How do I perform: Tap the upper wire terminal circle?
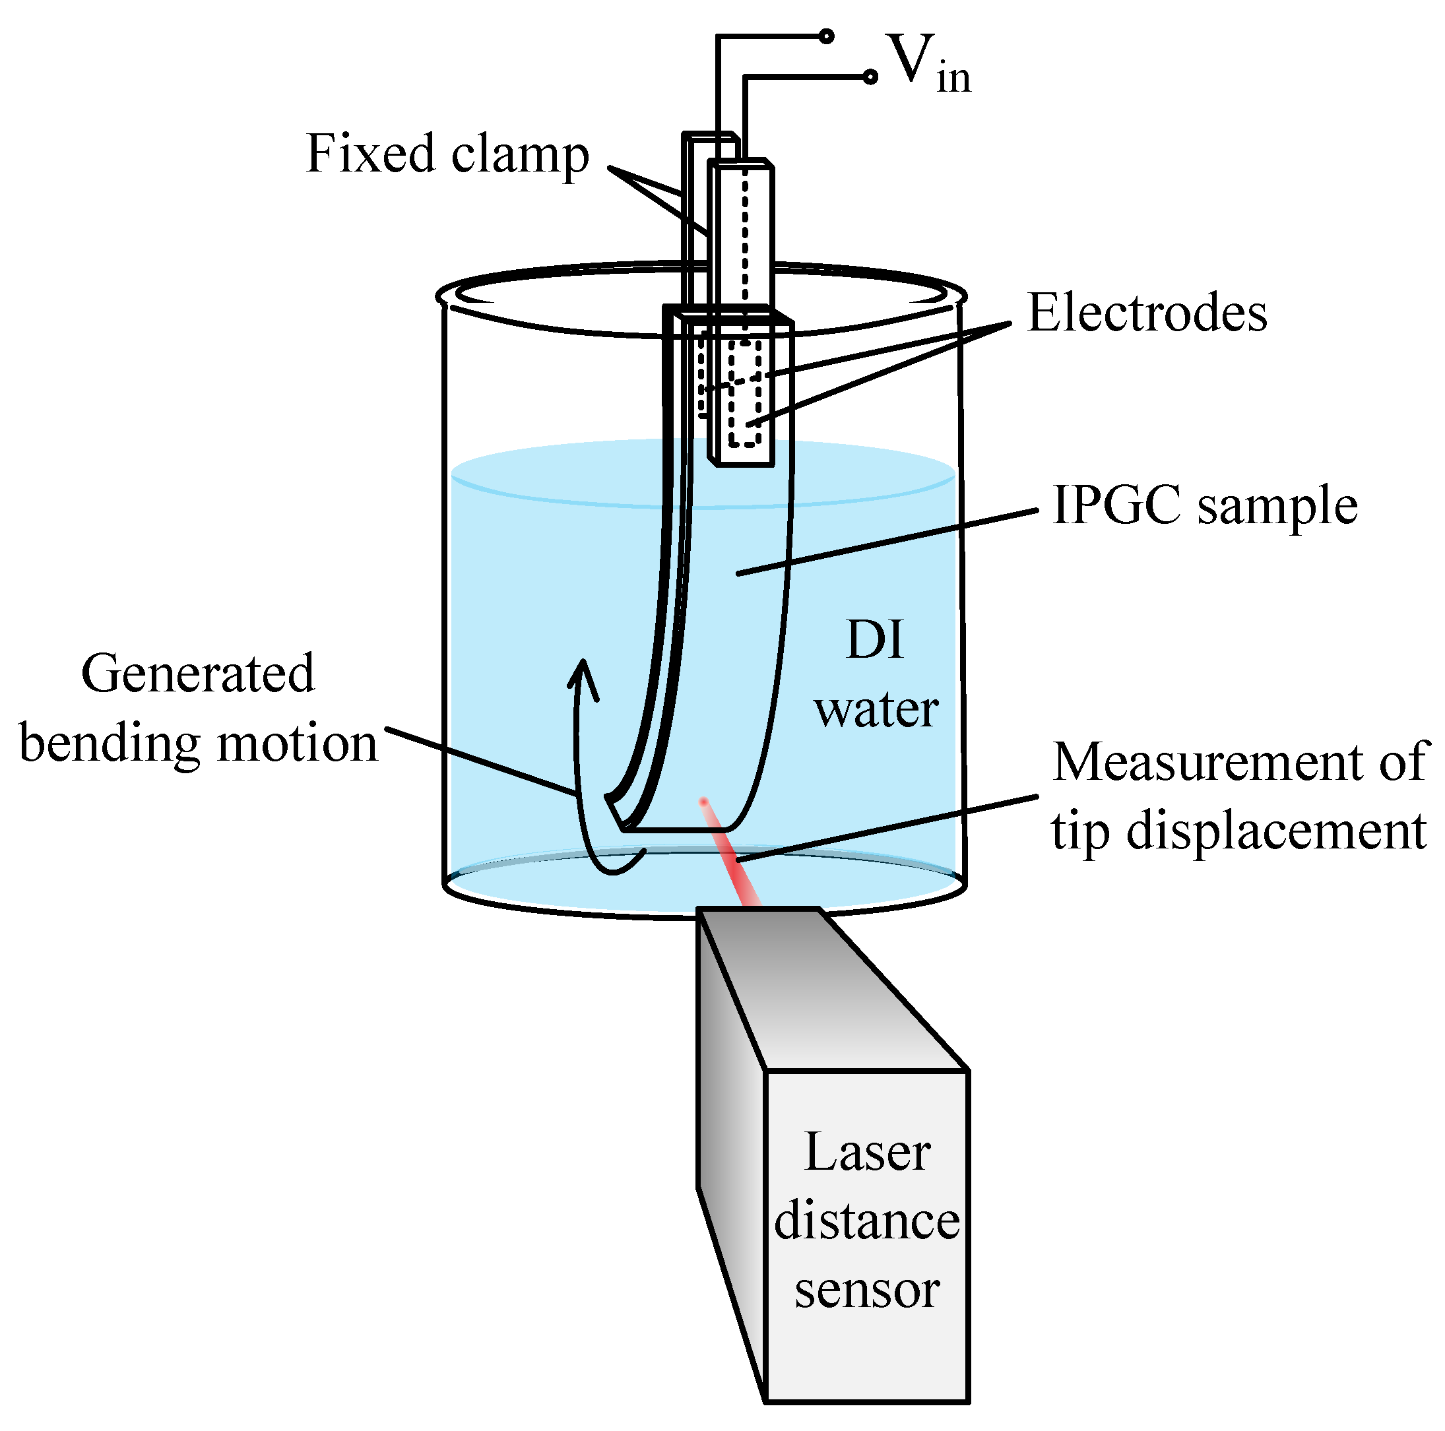(x=827, y=36)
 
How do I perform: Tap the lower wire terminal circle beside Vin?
(x=870, y=77)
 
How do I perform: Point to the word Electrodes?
(x=1147, y=313)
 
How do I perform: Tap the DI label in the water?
(x=874, y=641)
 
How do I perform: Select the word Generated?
(x=198, y=674)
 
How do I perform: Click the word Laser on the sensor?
(x=867, y=1152)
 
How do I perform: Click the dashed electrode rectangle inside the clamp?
(x=745, y=393)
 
